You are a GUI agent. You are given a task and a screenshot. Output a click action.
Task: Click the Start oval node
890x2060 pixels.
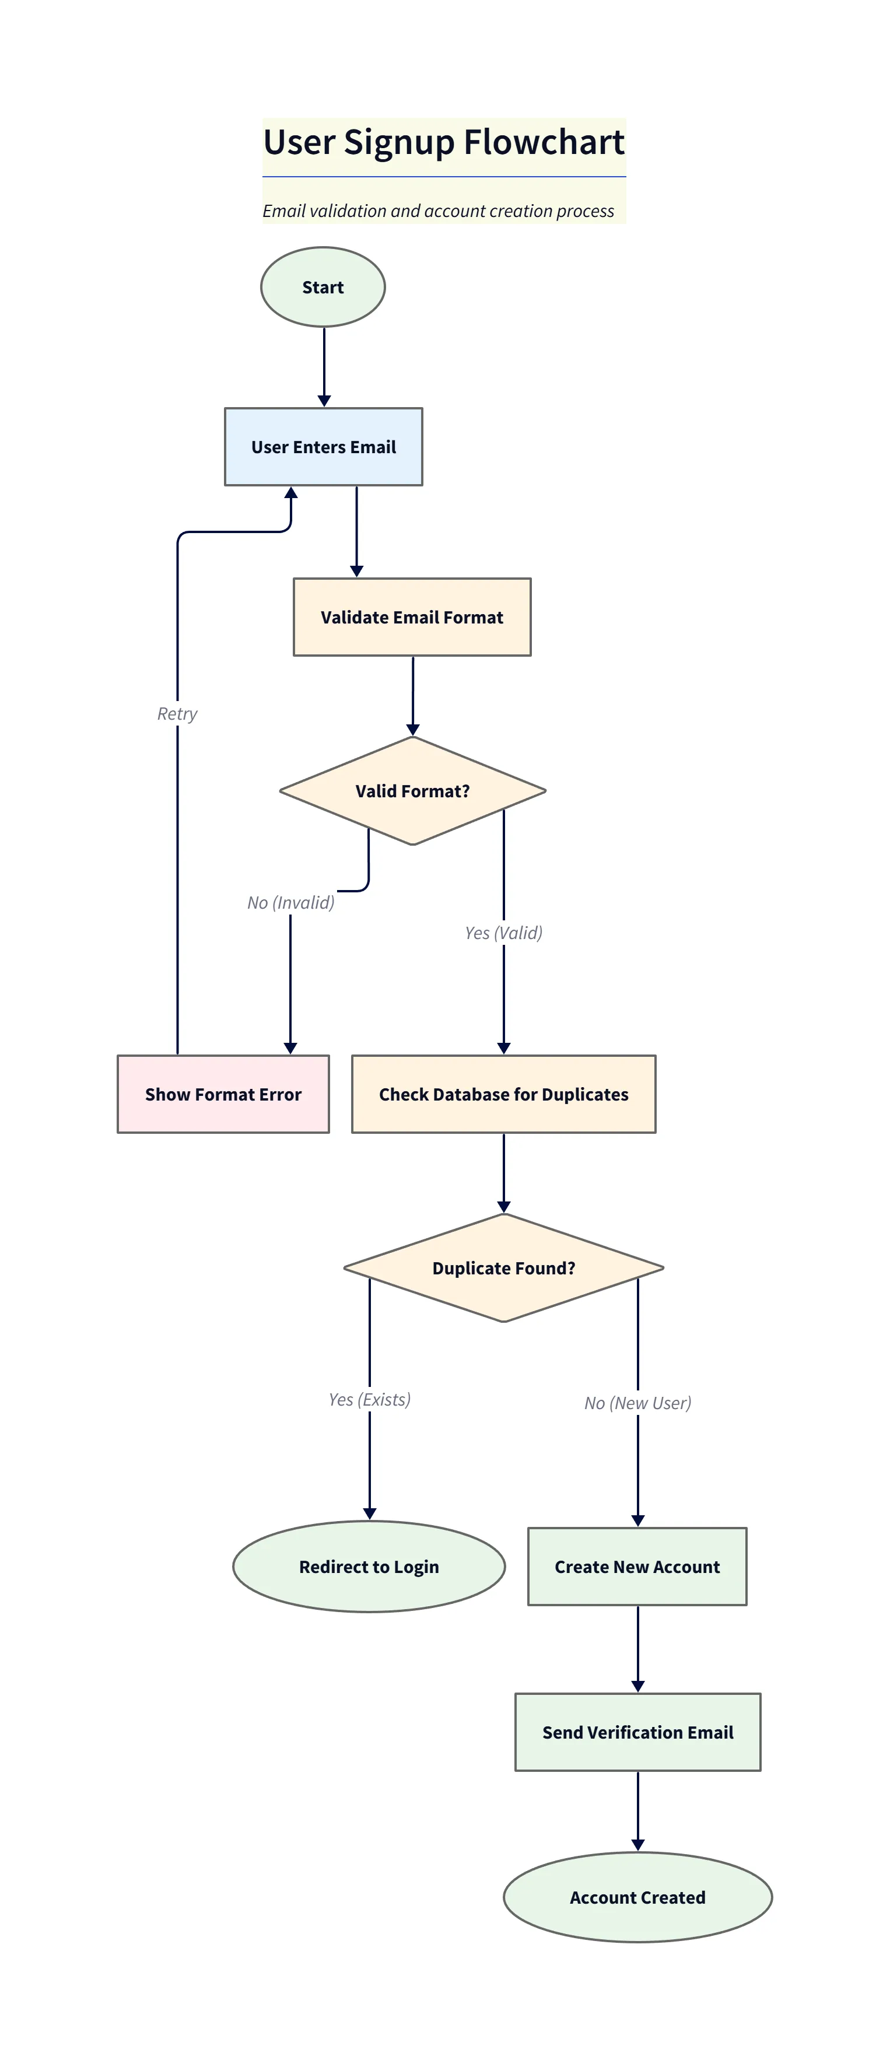click(x=323, y=286)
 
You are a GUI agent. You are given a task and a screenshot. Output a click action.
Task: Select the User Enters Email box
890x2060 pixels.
click(x=323, y=446)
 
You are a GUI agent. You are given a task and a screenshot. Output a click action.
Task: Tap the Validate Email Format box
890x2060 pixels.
click(x=412, y=616)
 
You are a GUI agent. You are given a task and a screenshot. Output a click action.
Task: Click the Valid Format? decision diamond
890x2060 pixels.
click(x=412, y=790)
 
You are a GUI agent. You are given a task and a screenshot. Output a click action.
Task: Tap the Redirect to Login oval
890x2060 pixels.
click(x=369, y=1566)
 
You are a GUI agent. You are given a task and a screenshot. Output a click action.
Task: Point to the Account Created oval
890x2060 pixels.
click(x=637, y=1897)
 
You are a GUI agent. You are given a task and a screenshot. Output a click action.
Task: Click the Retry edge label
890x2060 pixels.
click(x=177, y=713)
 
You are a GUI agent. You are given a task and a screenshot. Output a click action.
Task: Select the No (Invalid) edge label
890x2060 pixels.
click(x=290, y=902)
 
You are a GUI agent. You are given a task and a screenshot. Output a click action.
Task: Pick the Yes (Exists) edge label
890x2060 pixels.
click(x=369, y=1399)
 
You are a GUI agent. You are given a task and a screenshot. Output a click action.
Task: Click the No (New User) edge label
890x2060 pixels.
click(x=637, y=1403)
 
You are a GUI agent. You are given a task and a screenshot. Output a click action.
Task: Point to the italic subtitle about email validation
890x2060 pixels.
click(x=438, y=211)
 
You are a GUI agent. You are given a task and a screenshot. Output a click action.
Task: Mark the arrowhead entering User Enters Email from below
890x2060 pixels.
click(x=291, y=493)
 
